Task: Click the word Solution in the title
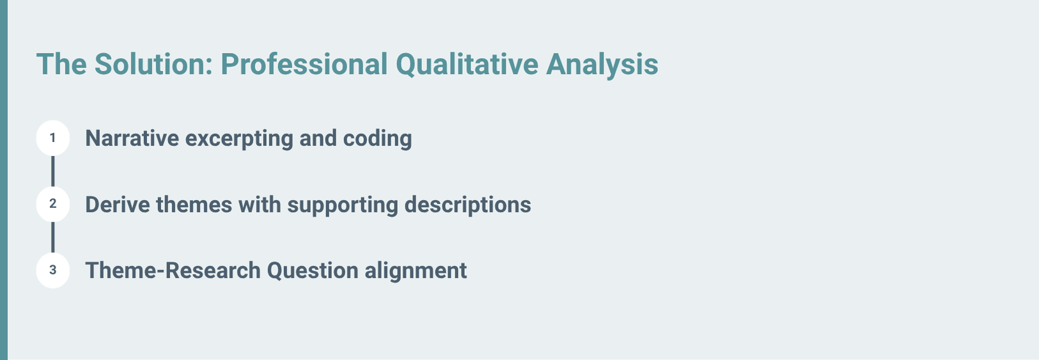coord(153,64)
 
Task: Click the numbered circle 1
coord(53,137)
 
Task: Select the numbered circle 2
coord(53,204)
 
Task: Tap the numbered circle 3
coord(53,270)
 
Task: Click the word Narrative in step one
coord(132,138)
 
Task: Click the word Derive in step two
coord(118,205)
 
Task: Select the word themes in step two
coord(194,205)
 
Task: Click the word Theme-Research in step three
coord(173,270)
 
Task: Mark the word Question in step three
coord(313,271)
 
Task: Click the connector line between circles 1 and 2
coord(53,171)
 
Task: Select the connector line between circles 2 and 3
coord(53,237)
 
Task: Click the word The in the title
coord(61,64)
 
